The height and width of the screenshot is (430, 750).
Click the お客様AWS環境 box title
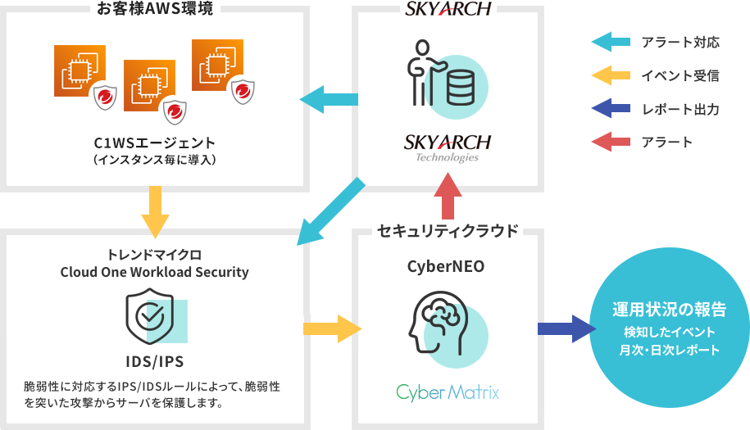pos(156,9)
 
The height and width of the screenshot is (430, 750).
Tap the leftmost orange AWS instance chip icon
pos(80,72)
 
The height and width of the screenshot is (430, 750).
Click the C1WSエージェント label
pos(155,142)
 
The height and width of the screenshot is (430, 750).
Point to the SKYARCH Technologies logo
pos(447,147)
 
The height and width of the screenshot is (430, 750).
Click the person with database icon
pos(447,78)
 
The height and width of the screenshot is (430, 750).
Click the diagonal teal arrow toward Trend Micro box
pos(330,212)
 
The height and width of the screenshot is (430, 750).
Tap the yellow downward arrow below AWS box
pos(155,211)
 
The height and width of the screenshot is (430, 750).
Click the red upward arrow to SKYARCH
pos(447,198)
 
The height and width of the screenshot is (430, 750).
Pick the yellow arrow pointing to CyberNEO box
pos(332,329)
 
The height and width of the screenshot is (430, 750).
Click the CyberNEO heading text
pos(447,266)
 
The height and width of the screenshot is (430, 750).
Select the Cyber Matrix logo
pos(448,392)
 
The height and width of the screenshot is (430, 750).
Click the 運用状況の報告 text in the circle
pos(669,310)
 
